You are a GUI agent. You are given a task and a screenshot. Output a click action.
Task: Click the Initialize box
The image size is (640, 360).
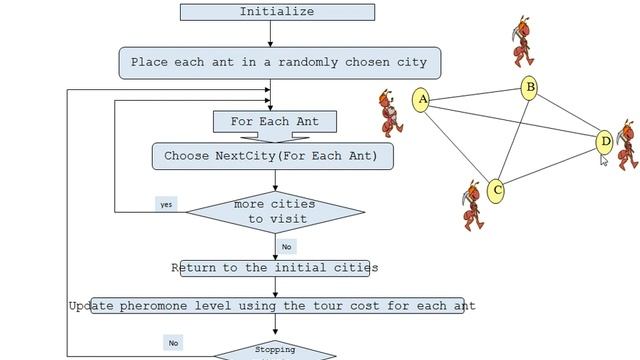pyautogui.click(x=277, y=12)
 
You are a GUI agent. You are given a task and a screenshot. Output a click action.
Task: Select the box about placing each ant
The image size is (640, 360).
pyautogui.click(x=278, y=62)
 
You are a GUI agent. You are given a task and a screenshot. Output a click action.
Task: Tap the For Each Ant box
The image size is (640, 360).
pyautogui.click(x=274, y=122)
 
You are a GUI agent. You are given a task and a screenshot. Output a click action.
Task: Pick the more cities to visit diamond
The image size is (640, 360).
pyautogui.click(x=276, y=212)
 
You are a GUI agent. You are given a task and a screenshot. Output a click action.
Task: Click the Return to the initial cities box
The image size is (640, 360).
pyautogui.click(x=274, y=268)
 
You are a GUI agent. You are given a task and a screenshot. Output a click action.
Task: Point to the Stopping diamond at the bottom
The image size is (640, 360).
pyautogui.click(x=275, y=351)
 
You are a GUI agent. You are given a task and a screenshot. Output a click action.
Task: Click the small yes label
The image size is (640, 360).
pyautogui.click(x=166, y=204)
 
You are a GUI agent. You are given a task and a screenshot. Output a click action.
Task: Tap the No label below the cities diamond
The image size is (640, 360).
pyautogui.click(x=287, y=246)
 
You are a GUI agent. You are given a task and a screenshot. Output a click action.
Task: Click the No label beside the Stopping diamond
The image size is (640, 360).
pyautogui.click(x=173, y=343)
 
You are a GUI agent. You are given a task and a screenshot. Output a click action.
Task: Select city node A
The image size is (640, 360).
pyautogui.click(x=422, y=99)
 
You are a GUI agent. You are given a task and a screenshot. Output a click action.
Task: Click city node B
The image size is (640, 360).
pyautogui.click(x=530, y=88)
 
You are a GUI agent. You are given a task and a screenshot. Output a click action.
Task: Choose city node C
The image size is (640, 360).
pyautogui.click(x=497, y=190)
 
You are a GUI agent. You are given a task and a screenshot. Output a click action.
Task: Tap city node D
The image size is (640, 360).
pyautogui.click(x=604, y=142)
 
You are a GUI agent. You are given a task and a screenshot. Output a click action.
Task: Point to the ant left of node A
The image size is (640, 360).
pyautogui.click(x=392, y=111)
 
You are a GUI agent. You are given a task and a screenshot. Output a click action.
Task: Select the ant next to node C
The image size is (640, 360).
pyautogui.click(x=472, y=205)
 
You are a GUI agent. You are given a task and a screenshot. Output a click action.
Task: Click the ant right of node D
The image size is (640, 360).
pyautogui.click(x=626, y=145)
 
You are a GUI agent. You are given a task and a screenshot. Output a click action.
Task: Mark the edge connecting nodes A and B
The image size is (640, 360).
pyautogui.click(x=476, y=94)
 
